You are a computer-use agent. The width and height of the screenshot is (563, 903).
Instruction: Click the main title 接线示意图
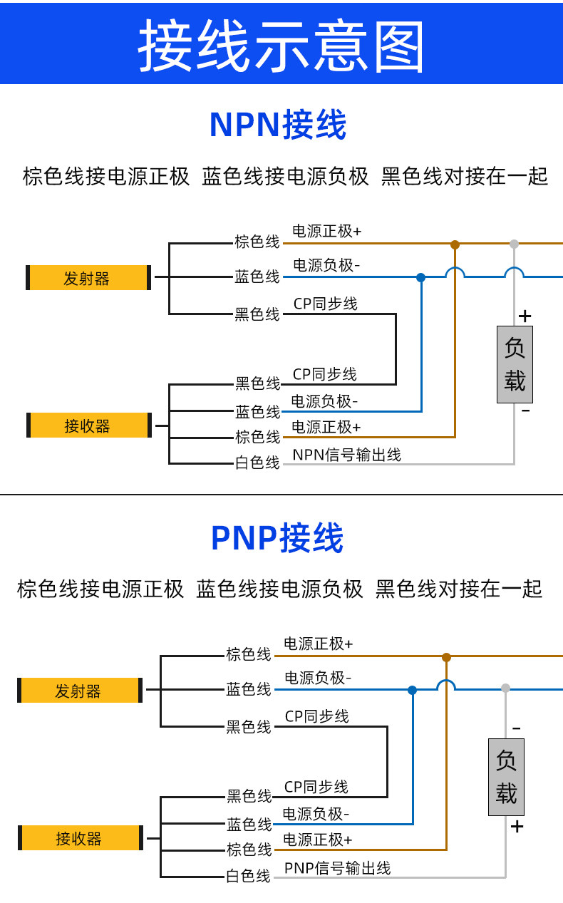281,45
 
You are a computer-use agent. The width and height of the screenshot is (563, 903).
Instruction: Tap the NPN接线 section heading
278,125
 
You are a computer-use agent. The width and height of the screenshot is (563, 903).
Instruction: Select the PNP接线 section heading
277,537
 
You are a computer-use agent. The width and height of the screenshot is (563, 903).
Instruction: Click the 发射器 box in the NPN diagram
88,277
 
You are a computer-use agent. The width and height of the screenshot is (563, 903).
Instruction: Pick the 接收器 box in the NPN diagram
89,425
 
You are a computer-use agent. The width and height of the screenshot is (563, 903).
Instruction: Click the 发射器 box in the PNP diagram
80,690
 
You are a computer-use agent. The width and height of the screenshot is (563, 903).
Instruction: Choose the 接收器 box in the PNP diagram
81,837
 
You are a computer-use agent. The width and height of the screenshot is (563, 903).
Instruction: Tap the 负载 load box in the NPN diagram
515,364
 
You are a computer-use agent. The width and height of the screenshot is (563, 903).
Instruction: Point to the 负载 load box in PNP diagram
506,778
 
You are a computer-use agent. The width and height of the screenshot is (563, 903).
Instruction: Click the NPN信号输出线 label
346,455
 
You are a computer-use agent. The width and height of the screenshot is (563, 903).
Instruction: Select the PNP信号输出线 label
338,868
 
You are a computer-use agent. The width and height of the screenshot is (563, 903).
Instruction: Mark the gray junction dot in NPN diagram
514,244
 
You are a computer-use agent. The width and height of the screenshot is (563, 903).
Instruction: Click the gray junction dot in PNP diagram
505,688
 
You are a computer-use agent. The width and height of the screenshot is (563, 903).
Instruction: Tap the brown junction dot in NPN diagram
455,244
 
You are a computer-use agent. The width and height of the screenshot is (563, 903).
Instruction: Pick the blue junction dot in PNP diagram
413,690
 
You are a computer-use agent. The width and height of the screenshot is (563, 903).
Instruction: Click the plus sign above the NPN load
525,316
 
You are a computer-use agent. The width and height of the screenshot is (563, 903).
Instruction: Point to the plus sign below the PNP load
517,827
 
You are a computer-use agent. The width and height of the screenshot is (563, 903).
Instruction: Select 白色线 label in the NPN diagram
257,463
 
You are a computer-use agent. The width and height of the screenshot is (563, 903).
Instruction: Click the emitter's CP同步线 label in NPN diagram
325,304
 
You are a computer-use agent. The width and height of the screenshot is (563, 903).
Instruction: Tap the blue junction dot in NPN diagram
420,277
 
